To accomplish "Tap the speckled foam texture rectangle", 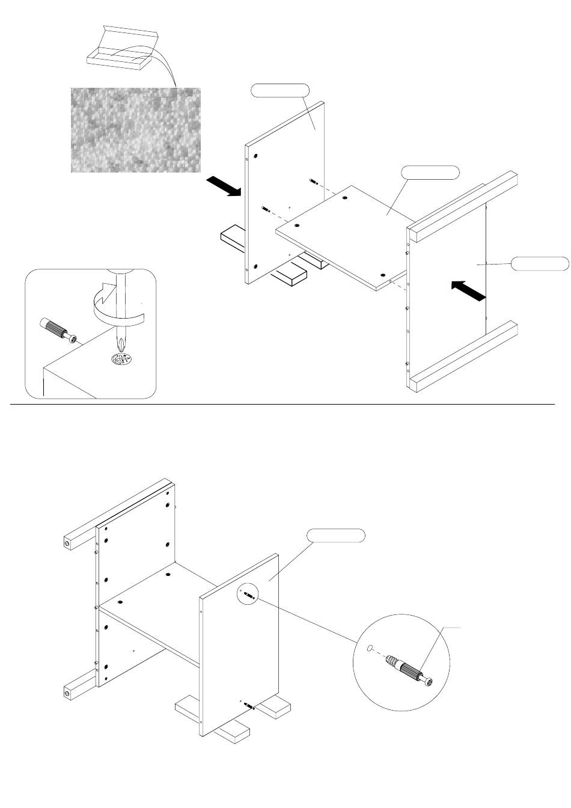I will (136, 130).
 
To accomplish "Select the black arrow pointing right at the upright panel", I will (223, 186).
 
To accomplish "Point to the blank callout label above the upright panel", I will (279, 90).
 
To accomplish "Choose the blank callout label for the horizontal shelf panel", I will (430, 172).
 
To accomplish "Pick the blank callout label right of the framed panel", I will (540, 263).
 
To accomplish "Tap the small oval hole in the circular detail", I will (371, 649).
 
